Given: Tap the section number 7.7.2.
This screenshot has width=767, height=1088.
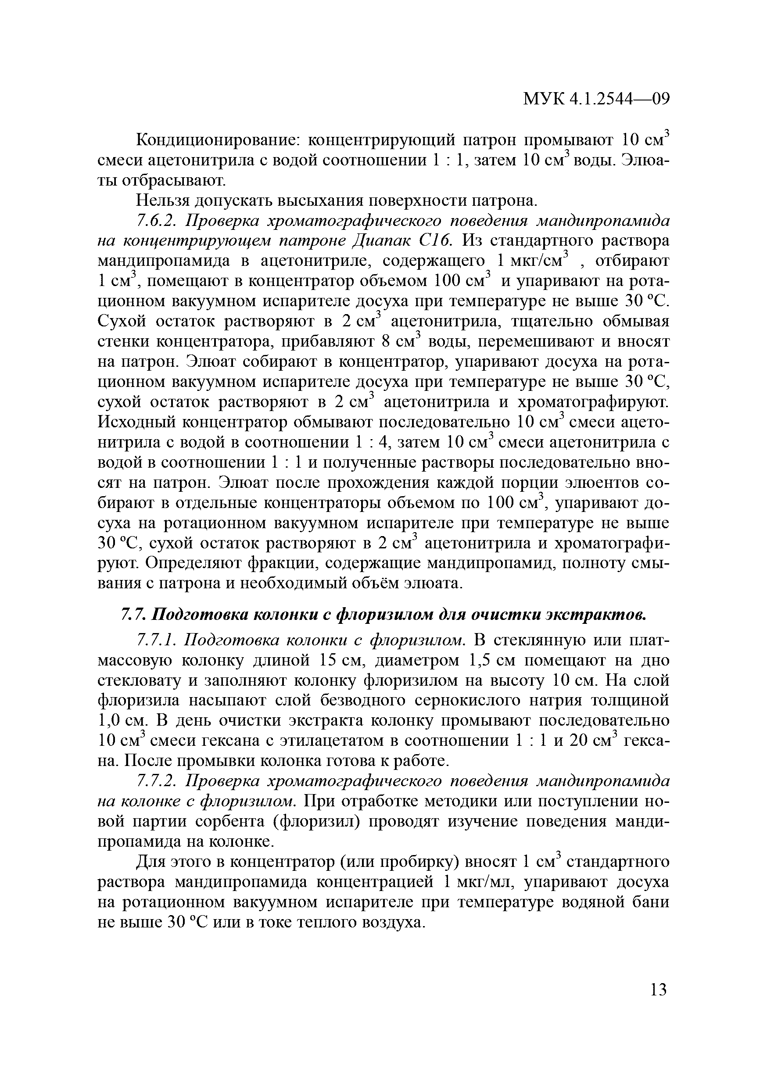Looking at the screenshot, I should (157, 781).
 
